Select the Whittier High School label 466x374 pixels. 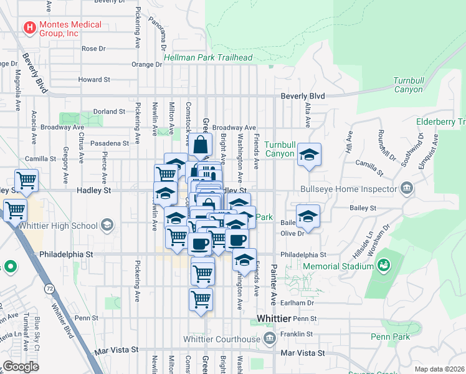click(60, 225)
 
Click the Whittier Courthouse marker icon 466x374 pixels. click(269, 338)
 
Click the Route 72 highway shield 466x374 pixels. click(49, 289)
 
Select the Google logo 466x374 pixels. click(21, 367)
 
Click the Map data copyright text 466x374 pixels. click(439, 369)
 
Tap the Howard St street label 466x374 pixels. click(94, 80)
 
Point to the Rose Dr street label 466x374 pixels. click(94, 48)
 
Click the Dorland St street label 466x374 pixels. click(110, 112)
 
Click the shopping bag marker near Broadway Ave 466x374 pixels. click(201, 147)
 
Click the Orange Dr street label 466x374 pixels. click(146, 64)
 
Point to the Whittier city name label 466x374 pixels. click(273, 319)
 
